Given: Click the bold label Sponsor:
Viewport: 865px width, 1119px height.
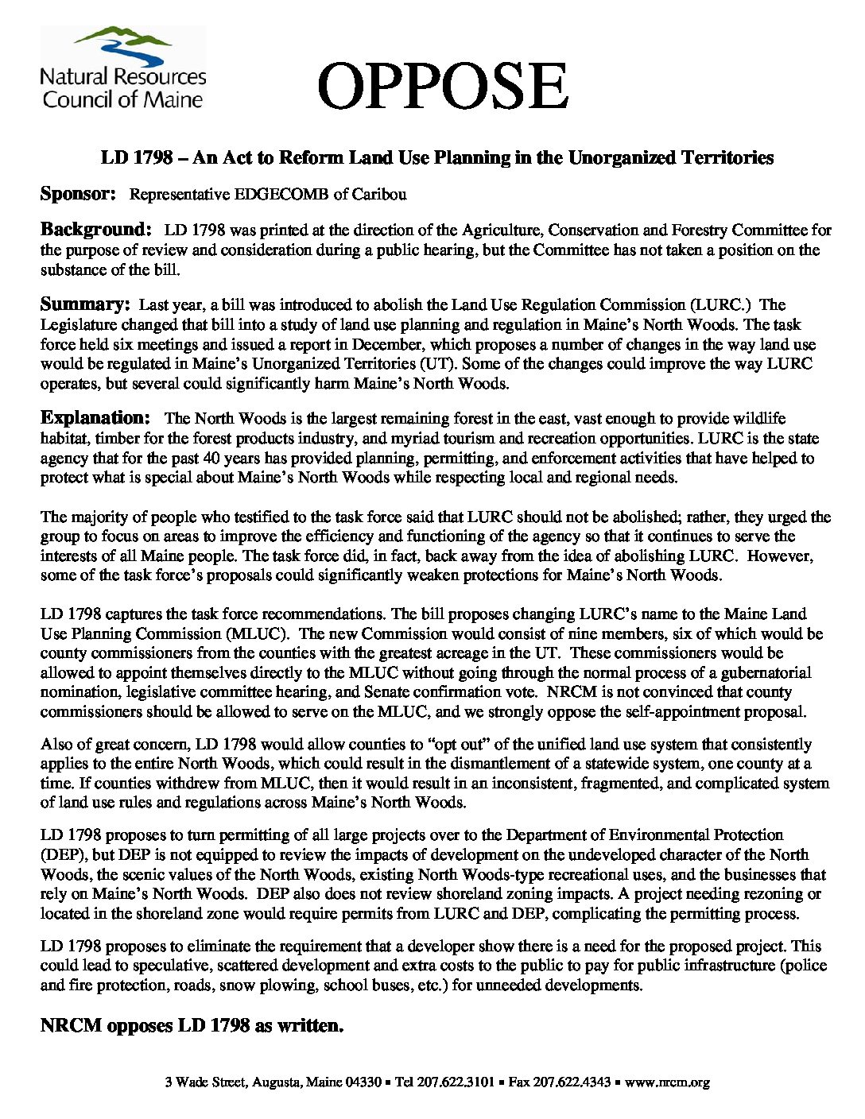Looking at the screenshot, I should tap(79, 193).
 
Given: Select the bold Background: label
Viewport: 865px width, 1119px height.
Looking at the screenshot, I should tap(95, 230).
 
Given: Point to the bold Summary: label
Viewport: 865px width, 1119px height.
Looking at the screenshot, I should tap(85, 304).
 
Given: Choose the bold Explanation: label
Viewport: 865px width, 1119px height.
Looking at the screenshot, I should tap(95, 418).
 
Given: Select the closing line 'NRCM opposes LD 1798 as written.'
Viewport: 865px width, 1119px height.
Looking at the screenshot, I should tap(192, 1026).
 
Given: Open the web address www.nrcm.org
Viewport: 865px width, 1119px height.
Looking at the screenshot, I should tap(667, 1082).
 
